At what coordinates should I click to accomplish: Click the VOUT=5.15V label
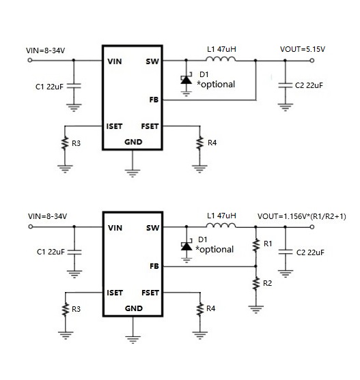pos(303,49)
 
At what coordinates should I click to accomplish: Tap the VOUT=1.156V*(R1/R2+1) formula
pos(301,216)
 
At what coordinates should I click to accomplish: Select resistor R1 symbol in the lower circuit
pos(255,245)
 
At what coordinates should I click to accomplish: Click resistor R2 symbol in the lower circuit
pos(255,283)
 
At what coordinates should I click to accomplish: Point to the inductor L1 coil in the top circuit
pos(221,59)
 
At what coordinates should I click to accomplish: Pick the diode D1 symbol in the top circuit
pos(186,80)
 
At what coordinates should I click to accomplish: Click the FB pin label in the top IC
pos(154,100)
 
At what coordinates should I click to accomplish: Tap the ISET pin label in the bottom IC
pos(115,293)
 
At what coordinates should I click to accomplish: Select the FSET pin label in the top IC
pos(150,126)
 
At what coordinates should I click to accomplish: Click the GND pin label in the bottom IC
pos(134,308)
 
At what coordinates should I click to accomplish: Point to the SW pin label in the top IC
pos(152,61)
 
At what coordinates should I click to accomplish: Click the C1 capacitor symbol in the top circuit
pos(74,86)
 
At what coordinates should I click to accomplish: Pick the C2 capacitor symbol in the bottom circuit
pos(286,252)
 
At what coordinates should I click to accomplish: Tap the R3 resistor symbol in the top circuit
pos(65,143)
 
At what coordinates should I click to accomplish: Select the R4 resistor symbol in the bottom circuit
pos(200,309)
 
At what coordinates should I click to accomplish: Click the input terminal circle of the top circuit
pos(30,60)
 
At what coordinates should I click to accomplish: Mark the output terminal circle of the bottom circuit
pos(312,226)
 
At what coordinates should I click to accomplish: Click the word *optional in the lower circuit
pos(214,250)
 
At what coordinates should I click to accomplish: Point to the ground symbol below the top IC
pos(133,173)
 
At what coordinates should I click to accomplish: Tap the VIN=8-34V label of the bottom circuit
pos(47,216)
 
